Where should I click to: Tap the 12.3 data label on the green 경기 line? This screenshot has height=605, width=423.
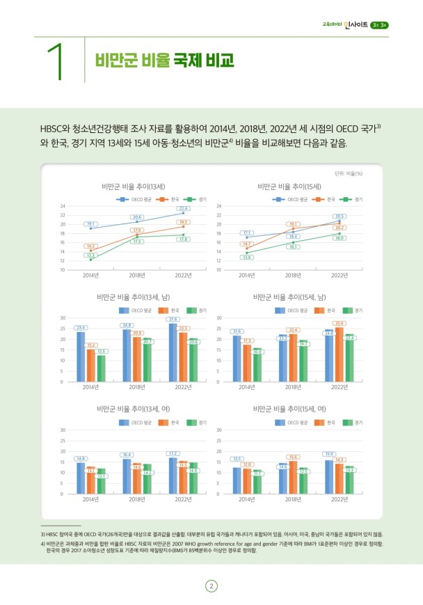90,256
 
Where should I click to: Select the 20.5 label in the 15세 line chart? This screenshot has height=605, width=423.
340,217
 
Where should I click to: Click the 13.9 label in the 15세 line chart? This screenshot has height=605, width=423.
246,258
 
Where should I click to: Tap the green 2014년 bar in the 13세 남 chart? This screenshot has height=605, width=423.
101,368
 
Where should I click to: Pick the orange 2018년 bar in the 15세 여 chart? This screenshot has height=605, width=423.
293,477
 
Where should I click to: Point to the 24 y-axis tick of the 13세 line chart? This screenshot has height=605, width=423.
63,207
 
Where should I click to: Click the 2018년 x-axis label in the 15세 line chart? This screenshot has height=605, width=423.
293,275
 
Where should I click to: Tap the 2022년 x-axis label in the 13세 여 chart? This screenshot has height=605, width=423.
183,499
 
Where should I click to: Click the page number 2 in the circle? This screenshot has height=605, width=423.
211,586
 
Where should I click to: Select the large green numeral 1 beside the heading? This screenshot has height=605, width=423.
58,61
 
